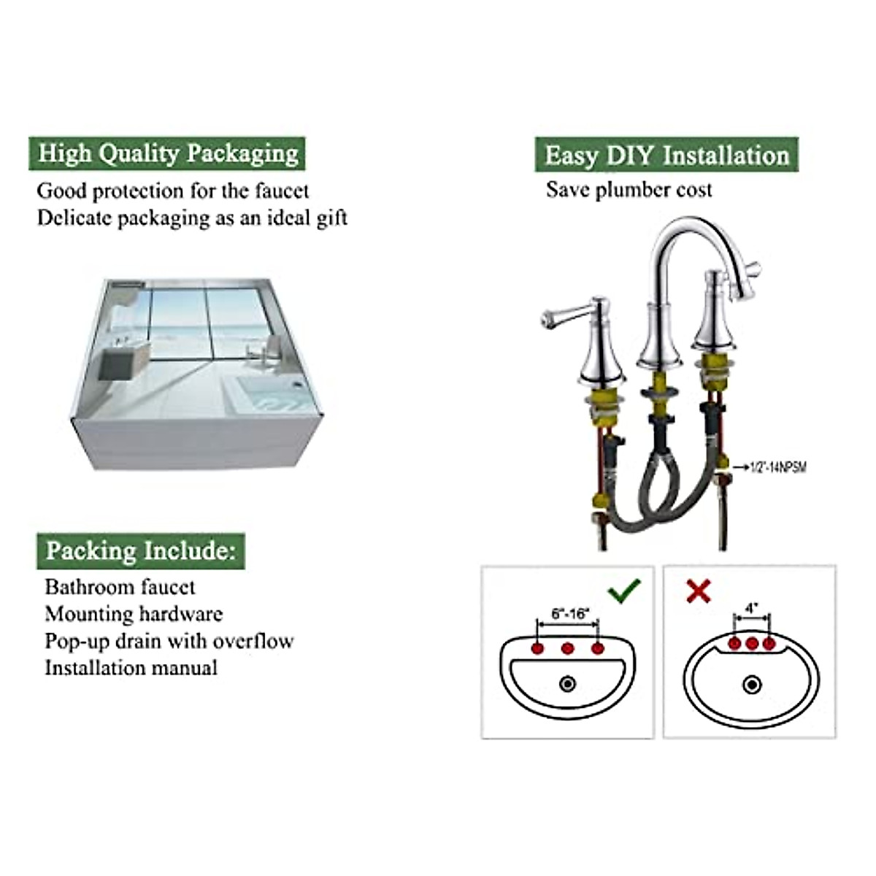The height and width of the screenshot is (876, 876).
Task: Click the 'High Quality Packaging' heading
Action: click(168, 154)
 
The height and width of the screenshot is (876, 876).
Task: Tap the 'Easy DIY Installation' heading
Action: click(666, 155)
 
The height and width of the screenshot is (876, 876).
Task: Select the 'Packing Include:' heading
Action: click(141, 550)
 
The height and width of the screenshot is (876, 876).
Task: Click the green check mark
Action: click(626, 589)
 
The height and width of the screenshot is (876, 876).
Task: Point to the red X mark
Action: click(699, 591)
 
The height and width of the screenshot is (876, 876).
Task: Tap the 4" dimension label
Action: click(752, 607)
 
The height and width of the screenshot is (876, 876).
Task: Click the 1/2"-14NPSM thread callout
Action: click(778, 466)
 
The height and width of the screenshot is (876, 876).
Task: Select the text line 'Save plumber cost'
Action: click(629, 191)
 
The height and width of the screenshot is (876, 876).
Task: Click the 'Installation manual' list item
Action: click(131, 668)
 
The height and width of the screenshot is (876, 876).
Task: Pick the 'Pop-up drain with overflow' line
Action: click(169, 641)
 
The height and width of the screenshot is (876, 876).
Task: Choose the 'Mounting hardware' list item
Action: click(134, 614)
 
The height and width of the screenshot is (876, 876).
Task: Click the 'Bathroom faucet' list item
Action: click(120, 587)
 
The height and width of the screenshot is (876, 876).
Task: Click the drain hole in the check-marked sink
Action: click(567, 684)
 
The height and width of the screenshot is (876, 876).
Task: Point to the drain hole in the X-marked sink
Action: click(751, 685)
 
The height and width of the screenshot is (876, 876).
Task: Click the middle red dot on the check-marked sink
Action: click(568, 648)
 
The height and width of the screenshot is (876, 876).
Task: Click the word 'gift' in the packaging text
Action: click(331, 218)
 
